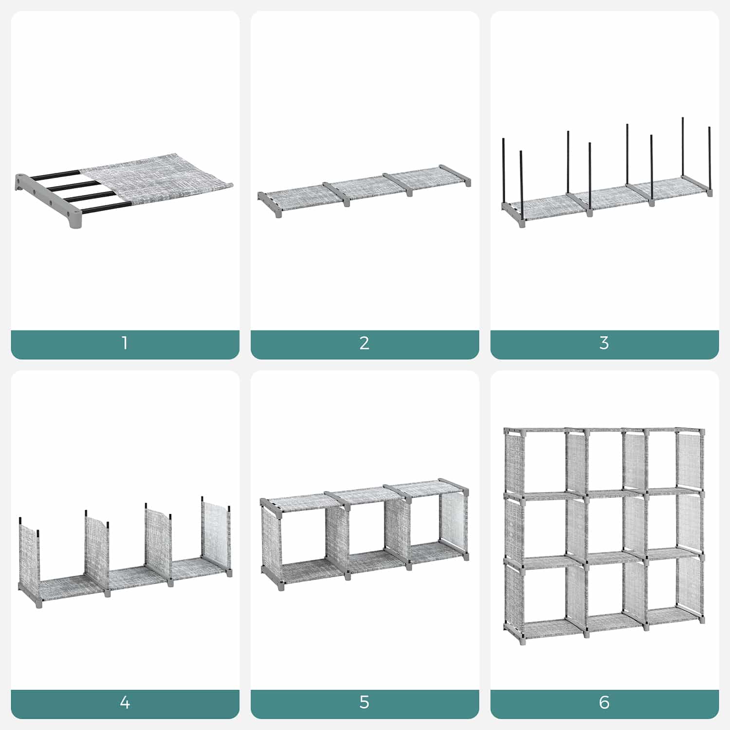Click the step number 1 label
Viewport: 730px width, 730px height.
125,343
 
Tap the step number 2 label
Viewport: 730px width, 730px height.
365,343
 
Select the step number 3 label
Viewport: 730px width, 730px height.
604,343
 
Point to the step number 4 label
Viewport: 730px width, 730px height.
125,702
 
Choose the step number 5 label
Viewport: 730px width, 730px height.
365,702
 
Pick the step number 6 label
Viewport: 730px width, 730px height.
604,702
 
